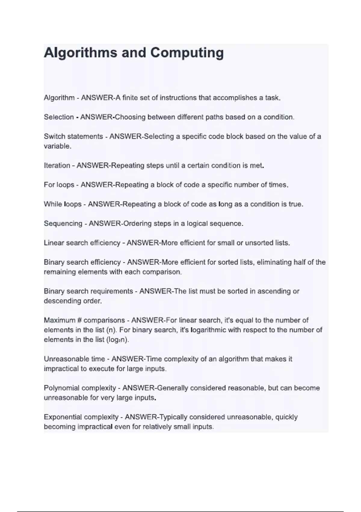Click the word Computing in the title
click(187, 53)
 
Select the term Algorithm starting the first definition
click(59, 98)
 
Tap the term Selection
click(59, 117)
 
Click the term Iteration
click(57, 166)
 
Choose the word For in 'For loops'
click(49, 185)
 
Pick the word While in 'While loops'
click(53, 204)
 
